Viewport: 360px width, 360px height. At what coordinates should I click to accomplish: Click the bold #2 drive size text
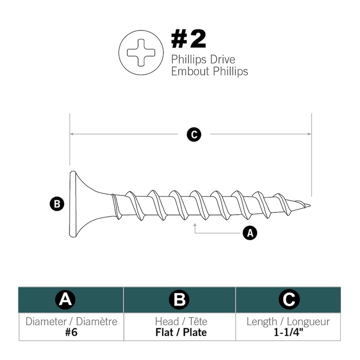coord(189,40)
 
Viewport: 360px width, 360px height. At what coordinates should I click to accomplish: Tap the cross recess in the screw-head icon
coord(141,53)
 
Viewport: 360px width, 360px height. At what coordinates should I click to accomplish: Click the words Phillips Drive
coord(203,59)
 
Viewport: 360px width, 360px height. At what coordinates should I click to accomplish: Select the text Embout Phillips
coord(210,71)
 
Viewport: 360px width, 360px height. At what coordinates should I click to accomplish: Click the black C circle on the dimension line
coord(194,135)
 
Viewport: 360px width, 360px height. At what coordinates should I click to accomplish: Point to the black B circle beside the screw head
coord(57,204)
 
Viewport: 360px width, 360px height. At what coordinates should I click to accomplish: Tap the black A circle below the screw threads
coord(250,233)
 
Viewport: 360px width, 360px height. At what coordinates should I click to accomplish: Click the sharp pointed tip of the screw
coord(310,205)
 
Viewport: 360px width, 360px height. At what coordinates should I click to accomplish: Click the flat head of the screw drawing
coord(73,204)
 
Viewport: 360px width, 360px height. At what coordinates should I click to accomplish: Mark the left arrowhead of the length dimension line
coord(72,134)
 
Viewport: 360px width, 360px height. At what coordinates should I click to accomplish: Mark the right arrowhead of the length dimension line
coord(310,134)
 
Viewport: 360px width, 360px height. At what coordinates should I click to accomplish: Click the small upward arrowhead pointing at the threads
coord(195,225)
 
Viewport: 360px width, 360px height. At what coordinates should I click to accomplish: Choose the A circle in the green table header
coord(65,300)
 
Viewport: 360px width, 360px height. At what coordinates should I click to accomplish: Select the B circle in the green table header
coord(179,300)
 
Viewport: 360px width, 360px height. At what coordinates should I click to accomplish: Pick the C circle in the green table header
coord(289,300)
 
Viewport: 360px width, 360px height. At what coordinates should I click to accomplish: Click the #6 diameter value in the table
coord(71,332)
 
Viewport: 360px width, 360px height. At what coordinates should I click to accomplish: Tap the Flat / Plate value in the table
coord(181,333)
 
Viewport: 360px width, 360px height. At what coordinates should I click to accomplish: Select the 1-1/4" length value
coord(288,332)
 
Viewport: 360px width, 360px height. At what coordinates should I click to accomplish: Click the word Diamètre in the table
coord(97,321)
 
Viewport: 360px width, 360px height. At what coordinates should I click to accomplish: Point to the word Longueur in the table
coord(308,322)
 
